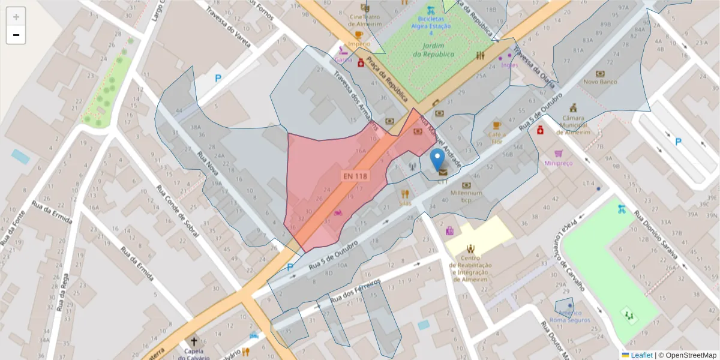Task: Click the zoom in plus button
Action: pyautogui.click(x=16, y=17)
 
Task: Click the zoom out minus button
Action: pyautogui.click(x=16, y=35)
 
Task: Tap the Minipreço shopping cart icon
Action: pyautogui.click(x=559, y=154)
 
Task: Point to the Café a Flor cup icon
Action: pyautogui.click(x=496, y=125)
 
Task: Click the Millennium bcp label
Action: pyautogui.click(x=466, y=196)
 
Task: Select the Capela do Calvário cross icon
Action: pyautogui.click(x=194, y=341)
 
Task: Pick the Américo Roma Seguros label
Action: pyautogui.click(x=569, y=316)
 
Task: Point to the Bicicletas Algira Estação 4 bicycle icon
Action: pyautogui.click(x=430, y=10)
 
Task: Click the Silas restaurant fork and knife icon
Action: pyautogui.click(x=405, y=194)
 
